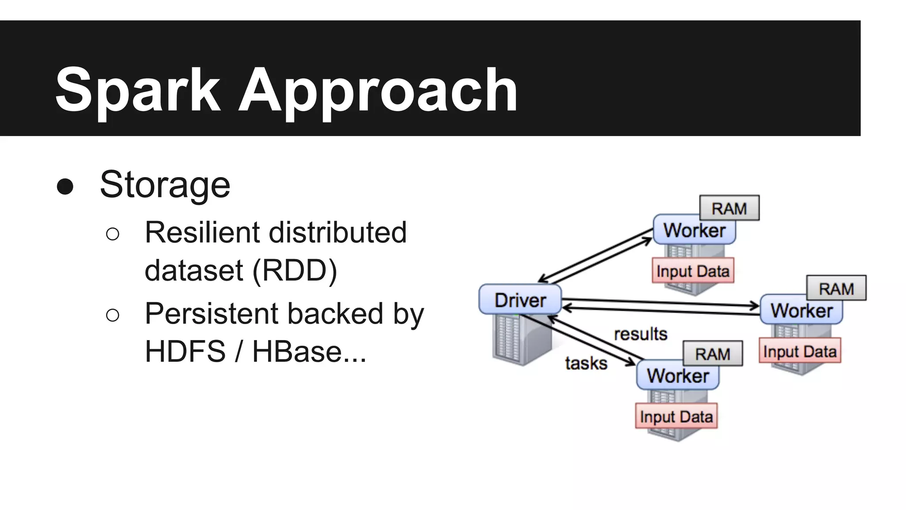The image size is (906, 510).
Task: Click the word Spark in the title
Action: pos(138,90)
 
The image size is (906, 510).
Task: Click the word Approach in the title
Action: pos(378,90)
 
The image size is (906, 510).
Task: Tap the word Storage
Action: pos(165,185)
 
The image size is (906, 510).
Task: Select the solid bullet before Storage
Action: pos(65,186)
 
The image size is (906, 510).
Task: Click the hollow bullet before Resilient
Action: pos(113,234)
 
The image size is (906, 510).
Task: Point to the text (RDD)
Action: pos(295,270)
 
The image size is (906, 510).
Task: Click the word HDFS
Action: pos(185,352)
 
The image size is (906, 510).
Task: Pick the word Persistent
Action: pos(214,313)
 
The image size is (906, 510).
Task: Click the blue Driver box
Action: pos(520,300)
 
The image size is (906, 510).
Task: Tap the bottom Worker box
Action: pos(677,376)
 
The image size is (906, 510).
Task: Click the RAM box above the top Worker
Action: pos(729,208)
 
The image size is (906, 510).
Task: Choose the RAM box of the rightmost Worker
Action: pos(836,288)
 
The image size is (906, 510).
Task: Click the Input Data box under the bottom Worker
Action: pos(676,416)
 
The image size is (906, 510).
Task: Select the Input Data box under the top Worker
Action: pos(693,270)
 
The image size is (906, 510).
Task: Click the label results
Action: pos(641,334)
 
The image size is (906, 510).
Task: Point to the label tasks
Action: pos(586,363)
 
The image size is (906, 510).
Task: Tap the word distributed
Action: pos(338,232)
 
